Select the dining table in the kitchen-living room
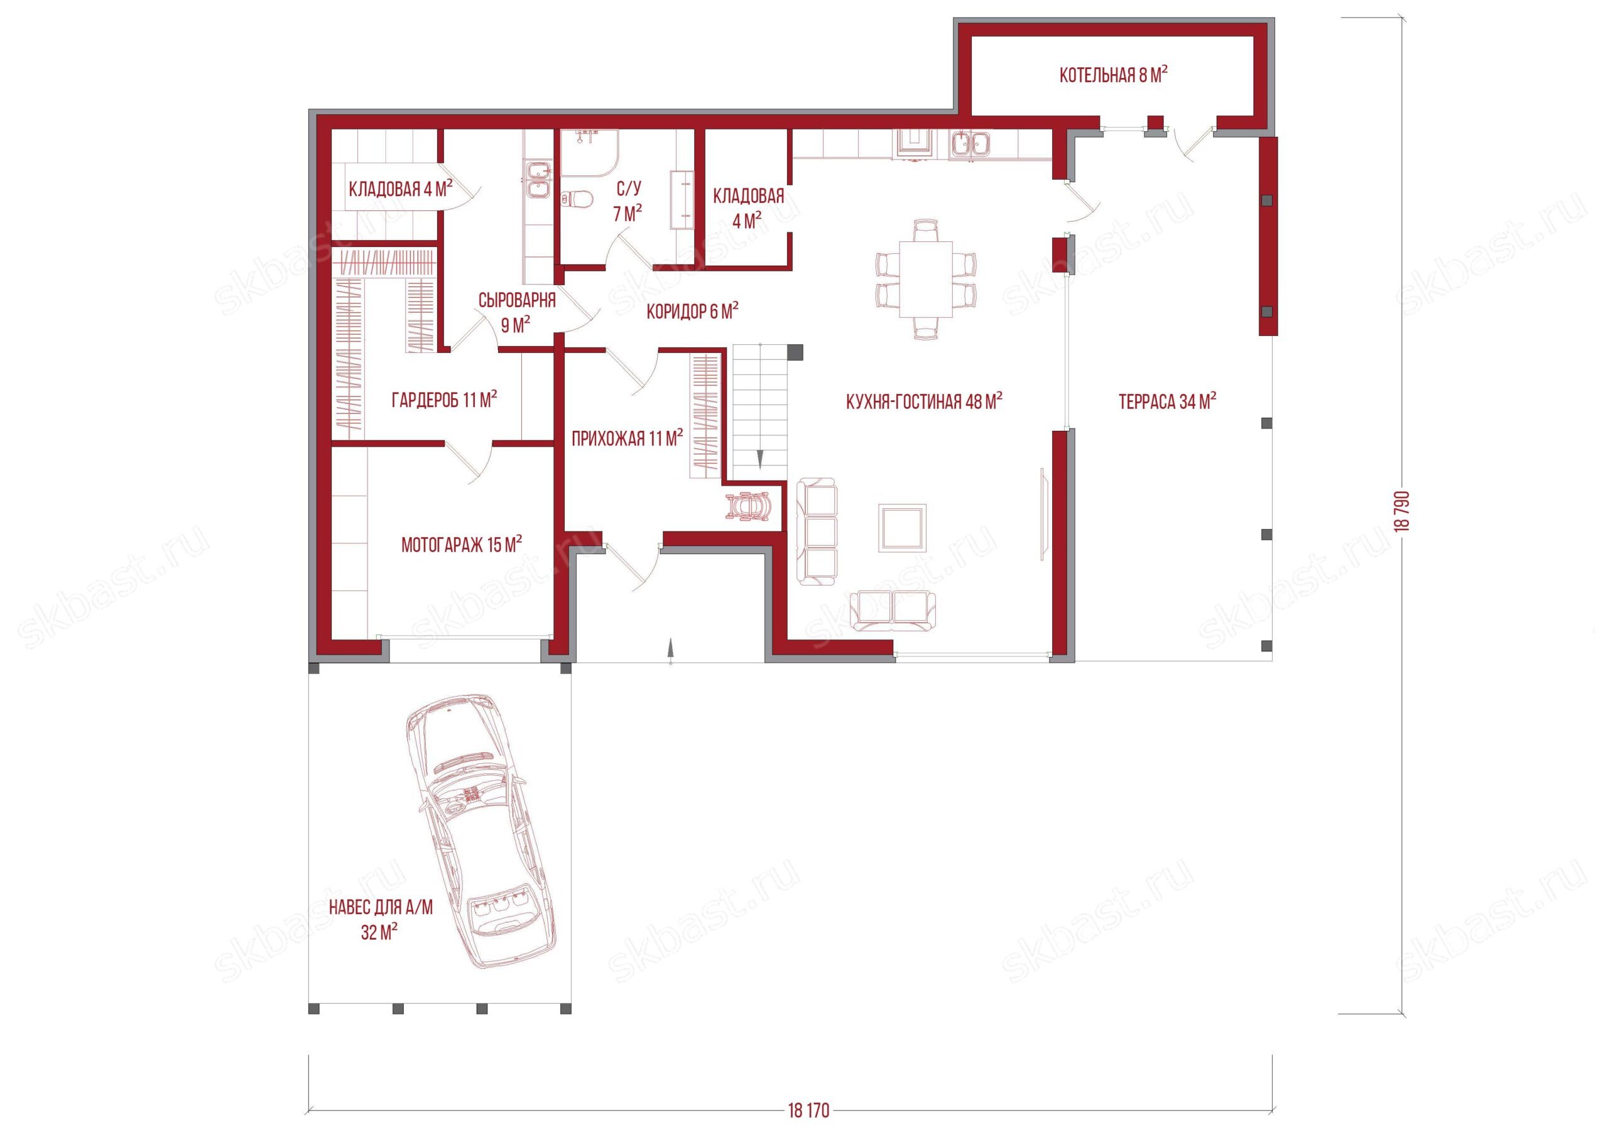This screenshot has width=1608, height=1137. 926,279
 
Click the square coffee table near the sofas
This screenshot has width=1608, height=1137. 903,528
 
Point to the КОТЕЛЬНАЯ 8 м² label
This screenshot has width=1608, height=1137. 1114,75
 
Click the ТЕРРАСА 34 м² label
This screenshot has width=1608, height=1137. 1168,401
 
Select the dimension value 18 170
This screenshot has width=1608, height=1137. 808,1111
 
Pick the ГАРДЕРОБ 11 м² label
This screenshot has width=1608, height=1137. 444,400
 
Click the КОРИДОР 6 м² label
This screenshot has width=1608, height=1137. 693,311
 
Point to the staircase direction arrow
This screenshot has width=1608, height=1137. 759,459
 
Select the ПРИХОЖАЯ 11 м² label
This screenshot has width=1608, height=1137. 627,438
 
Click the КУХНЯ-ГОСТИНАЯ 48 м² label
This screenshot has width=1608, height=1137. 925,401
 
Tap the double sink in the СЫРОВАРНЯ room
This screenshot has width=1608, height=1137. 538,179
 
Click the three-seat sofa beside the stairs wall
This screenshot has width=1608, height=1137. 816,531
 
